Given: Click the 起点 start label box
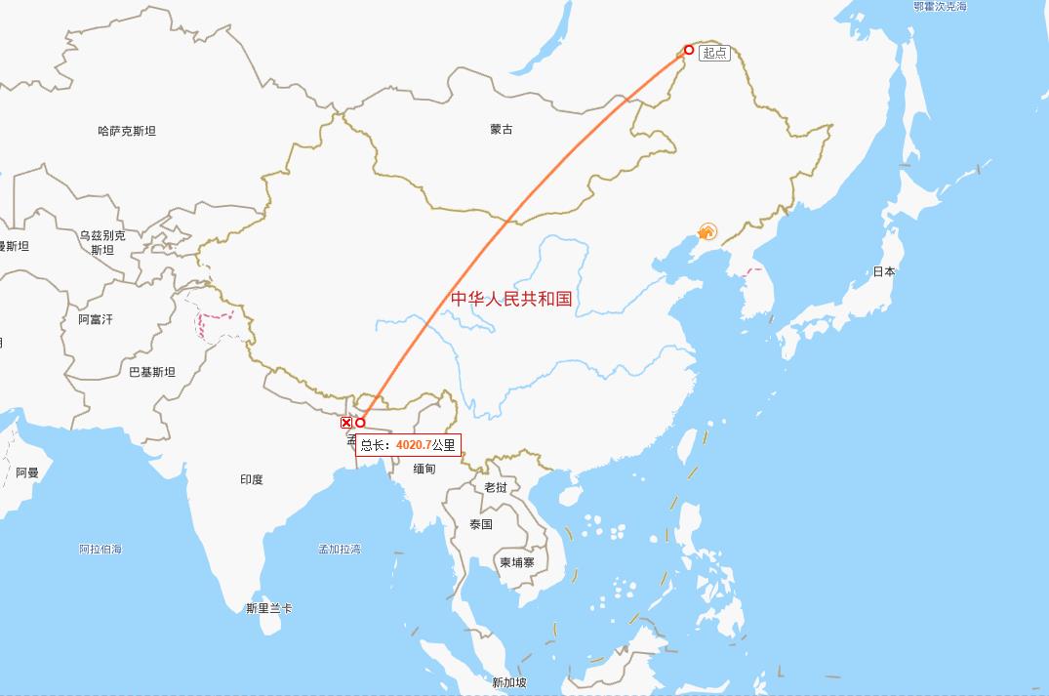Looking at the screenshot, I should (714, 53).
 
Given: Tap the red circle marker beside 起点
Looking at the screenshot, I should (689, 50).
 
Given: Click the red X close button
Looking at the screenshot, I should (346, 423).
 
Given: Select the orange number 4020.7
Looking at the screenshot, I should (413, 445).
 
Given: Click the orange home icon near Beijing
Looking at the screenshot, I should (707, 232).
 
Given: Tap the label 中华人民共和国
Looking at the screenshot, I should (511, 299).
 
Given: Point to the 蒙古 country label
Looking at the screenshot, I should (502, 129).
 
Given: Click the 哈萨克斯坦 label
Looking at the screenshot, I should (127, 131).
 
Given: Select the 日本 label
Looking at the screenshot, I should (884, 271).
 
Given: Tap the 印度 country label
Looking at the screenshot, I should (252, 479).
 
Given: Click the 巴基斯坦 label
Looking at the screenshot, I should (152, 372).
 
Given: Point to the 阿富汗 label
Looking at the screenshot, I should (96, 319).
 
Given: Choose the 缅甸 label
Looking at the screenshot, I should (424, 470).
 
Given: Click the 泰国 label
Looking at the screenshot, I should (481, 524).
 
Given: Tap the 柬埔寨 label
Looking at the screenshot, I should (517, 562).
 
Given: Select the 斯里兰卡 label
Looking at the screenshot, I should (269, 608).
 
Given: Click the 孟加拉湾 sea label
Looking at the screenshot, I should (340, 549).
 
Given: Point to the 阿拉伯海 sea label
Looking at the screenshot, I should (101, 549).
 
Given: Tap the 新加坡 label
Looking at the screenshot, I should (509, 682).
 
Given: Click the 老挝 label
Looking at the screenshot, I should (496, 487).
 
